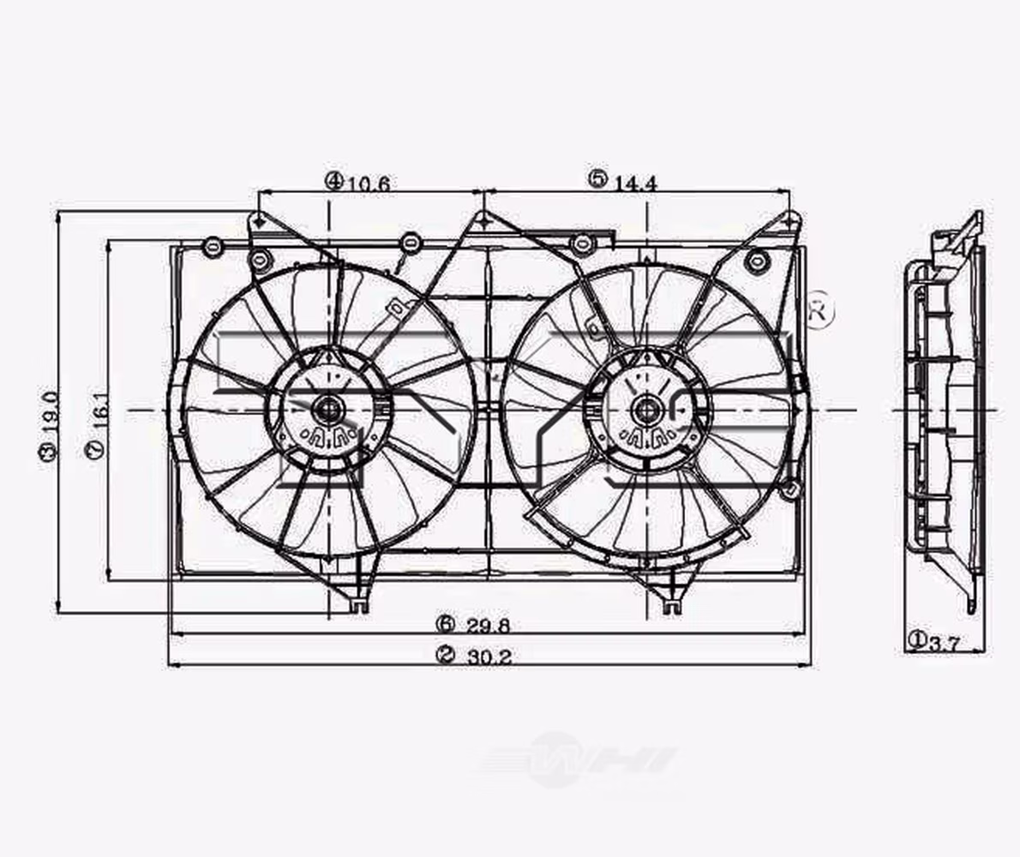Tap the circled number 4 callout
tap(333, 181)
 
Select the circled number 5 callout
tap(597, 179)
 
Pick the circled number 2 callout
tap(444, 656)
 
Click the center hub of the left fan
tap(327, 410)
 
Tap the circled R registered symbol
tap(819, 310)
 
